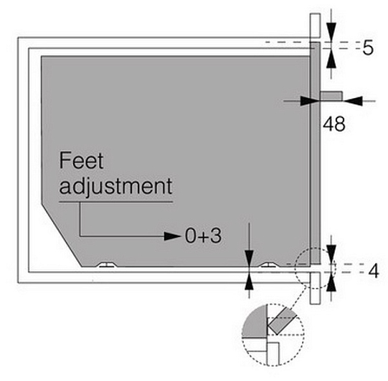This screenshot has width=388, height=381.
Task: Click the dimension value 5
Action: click(x=368, y=47)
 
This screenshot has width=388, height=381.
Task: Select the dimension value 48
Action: click(x=333, y=124)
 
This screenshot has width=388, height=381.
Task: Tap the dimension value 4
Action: click(x=374, y=271)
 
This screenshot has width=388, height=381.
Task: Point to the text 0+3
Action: click(x=203, y=236)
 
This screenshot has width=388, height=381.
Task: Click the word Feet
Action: click(x=81, y=160)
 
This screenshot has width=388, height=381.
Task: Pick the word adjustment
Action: click(x=115, y=186)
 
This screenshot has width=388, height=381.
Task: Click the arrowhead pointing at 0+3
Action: click(x=172, y=236)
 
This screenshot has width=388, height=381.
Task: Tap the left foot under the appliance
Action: click(x=108, y=265)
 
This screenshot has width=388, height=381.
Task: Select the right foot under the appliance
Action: click(x=268, y=265)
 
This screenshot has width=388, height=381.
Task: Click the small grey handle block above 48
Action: click(x=331, y=96)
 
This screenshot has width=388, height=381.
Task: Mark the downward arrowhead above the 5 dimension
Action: click(x=331, y=31)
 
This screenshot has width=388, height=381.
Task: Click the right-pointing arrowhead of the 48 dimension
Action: click(x=309, y=101)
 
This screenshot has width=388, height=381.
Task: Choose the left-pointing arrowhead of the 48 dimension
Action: click(x=353, y=101)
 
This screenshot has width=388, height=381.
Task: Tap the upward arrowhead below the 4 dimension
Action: click(x=331, y=284)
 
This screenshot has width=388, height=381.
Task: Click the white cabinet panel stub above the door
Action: click(x=316, y=26)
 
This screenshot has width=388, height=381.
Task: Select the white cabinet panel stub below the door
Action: click(x=315, y=288)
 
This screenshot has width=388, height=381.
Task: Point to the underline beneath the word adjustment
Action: click(x=115, y=202)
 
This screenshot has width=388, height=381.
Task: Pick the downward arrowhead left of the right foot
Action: click(x=249, y=259)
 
